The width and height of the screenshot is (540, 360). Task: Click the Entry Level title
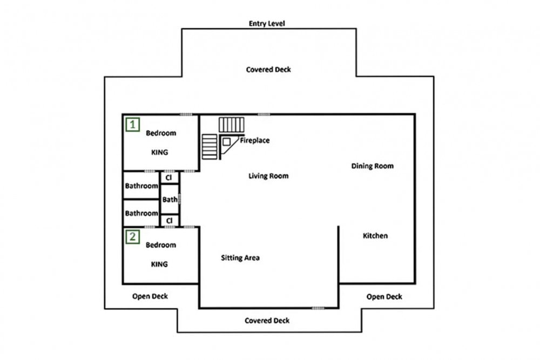click(267, 23)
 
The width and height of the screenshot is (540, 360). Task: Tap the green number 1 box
click(133, 124)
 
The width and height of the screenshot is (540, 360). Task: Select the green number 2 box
click(133, 237)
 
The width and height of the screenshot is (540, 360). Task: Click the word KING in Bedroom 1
click(159, 152)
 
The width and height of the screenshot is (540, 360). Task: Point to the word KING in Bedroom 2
click(159, 264)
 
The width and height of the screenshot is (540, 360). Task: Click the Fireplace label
click(255, 140)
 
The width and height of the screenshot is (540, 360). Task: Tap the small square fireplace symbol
click(226, 141)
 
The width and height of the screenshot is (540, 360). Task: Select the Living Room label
click(268, 176)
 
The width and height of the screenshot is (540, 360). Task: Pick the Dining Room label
click(372, 166)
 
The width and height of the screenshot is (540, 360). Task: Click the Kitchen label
click(375, 236)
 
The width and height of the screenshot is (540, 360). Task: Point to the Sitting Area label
click(240, 258)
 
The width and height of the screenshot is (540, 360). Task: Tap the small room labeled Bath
click(170, 199)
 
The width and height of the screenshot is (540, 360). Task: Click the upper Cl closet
click(169, 178)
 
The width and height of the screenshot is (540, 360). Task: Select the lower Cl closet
click(169, 221)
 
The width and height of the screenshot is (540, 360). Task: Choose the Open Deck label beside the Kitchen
click(384, 297)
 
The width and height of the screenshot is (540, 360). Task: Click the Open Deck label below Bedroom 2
click(150, 296)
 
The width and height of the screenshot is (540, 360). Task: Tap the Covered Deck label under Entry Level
click(268, 70)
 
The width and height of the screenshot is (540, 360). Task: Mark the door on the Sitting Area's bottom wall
click(318, 308)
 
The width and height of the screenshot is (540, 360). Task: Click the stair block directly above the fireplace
click(232, 125)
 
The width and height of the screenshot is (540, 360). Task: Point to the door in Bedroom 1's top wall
click(186, 114)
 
